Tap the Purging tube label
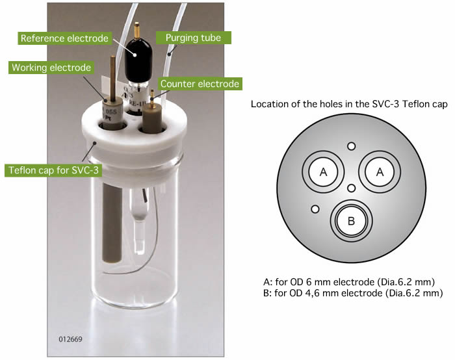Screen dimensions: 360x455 [201, 38]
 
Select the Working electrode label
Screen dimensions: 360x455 [51, 68]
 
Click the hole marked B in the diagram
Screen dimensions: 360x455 [351, 222]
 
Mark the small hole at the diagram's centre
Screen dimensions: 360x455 [351, 188]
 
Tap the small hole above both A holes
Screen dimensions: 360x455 [352, 146]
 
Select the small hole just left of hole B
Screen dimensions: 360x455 [315, 209]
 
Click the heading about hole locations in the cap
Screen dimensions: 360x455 [350, 105]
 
